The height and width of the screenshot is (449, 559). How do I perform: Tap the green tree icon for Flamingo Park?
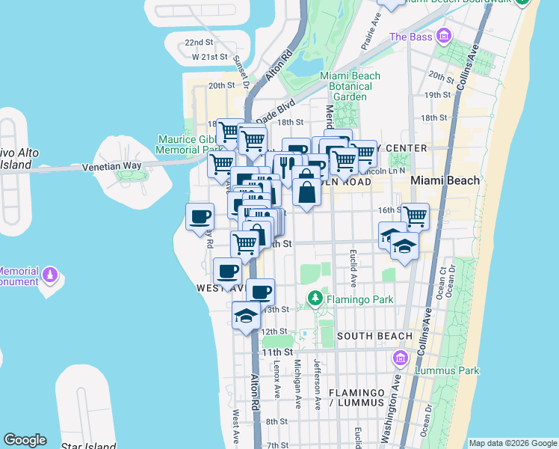315,300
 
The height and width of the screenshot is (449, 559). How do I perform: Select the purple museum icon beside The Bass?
444,35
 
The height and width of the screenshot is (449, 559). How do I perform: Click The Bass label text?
410,36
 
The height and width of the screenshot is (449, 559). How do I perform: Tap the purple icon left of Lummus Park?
401,358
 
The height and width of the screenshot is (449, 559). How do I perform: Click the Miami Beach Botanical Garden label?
350,86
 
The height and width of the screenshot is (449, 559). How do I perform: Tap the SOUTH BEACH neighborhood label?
374,336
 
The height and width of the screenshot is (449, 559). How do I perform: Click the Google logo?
25,440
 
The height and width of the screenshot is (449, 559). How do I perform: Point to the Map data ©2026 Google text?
511,443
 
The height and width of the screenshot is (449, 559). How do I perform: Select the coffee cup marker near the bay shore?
200,217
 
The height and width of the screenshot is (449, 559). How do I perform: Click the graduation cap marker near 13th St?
246,316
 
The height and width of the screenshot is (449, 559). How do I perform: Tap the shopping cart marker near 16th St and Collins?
416,216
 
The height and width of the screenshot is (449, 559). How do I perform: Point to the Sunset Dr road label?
240,71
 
